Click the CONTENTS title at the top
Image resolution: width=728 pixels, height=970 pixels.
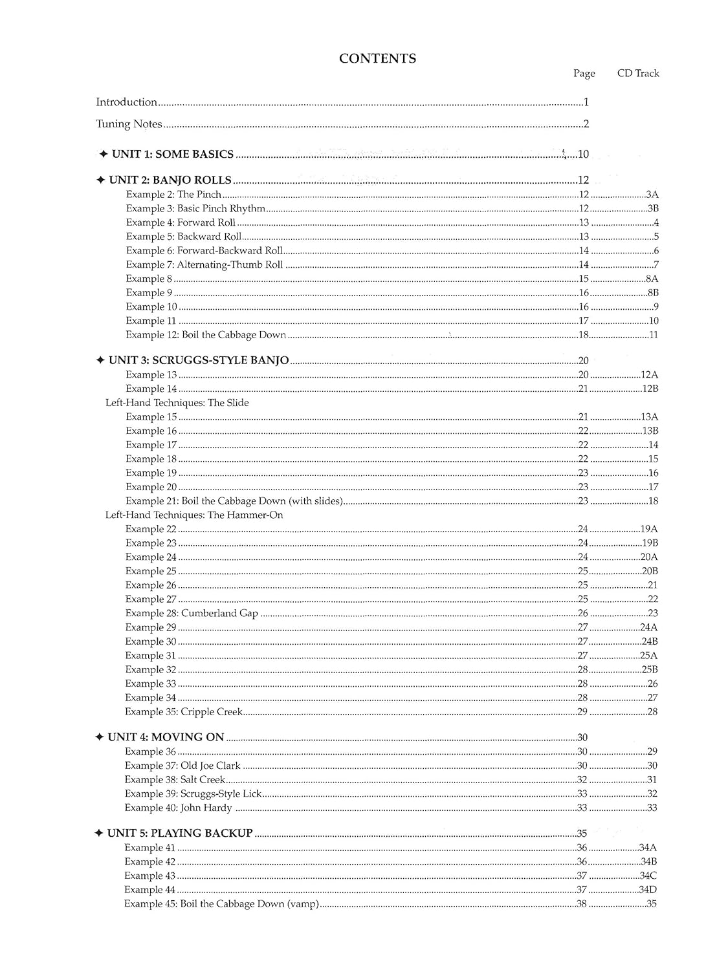tap(377, 59)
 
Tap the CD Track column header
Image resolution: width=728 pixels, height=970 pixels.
tap(637, 74)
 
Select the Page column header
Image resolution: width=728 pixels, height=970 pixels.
tap(584, 74)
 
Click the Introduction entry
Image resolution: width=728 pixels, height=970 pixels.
tap(127, 102)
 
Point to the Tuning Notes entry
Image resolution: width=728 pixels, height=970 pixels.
tap(129, 124)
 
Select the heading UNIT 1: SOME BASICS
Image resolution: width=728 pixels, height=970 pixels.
tap(172, 154)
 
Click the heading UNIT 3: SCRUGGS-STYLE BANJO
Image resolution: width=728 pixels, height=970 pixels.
tap(198, 360)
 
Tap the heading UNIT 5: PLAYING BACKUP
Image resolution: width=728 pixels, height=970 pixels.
tap(179, 833)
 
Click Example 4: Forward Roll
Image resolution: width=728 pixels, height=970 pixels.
tap(181, 222)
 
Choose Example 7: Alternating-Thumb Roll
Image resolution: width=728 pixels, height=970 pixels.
tap(204, 264)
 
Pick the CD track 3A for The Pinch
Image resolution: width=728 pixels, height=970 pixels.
tap(652, 195)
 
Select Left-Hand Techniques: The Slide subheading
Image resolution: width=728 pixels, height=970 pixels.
tap(177, 403)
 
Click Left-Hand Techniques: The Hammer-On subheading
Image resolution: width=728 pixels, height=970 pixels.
tap(194, 515)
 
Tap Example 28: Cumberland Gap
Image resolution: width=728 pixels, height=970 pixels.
tap(192, 613)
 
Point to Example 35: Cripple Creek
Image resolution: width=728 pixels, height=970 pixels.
tap(184, 712)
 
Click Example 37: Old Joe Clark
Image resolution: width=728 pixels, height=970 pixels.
tap(182, 766)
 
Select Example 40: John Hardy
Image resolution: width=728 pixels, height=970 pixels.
tap(178, 808)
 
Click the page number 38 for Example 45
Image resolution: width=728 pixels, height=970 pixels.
tap(581, 904)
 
